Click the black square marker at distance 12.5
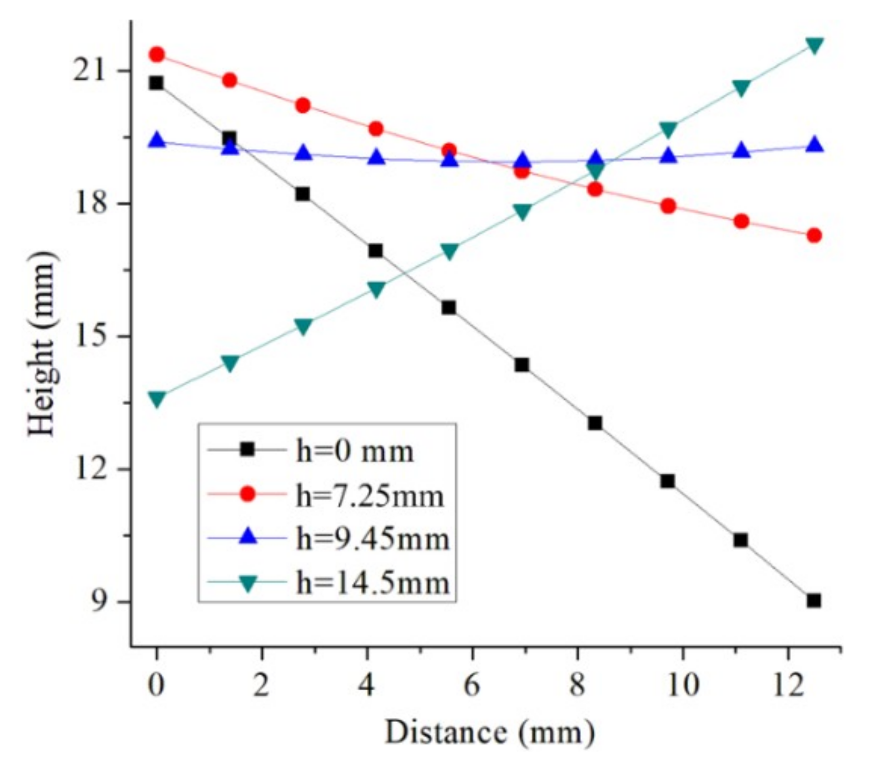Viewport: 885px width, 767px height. tap(814, 600)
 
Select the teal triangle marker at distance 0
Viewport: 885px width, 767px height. tap(157, 399)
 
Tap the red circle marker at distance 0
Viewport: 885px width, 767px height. tap(157, 54)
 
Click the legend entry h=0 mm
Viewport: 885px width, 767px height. tap(355, 451)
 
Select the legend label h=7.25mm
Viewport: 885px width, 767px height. tap(370, 495)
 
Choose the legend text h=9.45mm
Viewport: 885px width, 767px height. tap(372, 539)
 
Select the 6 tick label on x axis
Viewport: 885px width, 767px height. tap(471, 685)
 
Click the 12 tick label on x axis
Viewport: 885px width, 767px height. tap(788, 685)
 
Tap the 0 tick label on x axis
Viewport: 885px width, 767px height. tap(157, 685)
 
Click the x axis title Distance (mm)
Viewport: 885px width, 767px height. tap(489, 732)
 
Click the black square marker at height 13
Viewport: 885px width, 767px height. tap(595, 423)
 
